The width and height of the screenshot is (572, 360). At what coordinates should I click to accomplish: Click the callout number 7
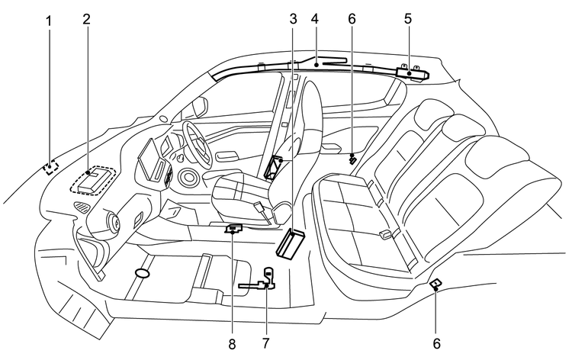265,342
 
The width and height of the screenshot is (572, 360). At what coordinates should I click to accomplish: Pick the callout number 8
230,342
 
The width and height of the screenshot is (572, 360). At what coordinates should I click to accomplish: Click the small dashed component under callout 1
51,168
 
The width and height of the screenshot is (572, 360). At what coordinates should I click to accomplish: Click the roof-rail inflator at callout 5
413,72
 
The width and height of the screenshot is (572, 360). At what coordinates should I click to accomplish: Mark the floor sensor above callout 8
234,227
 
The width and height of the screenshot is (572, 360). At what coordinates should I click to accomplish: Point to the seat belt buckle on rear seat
386,233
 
